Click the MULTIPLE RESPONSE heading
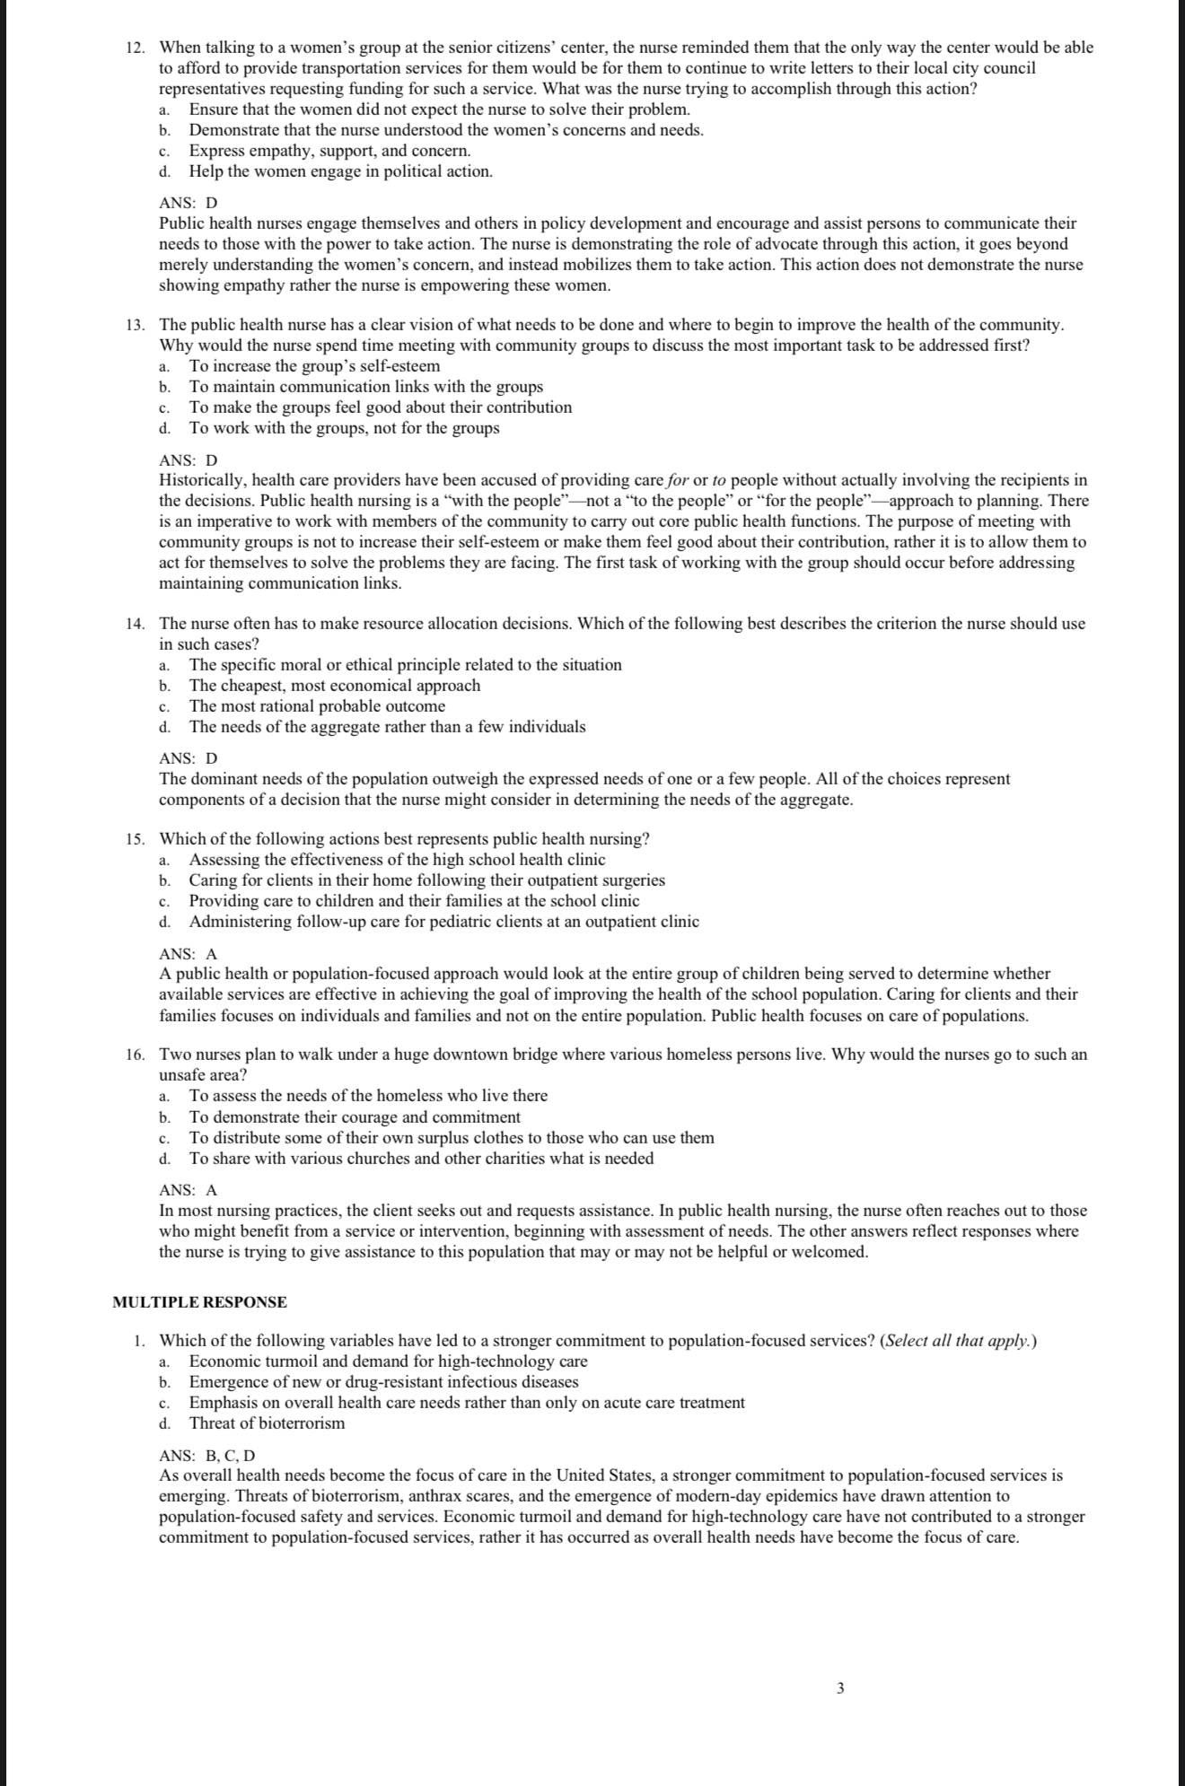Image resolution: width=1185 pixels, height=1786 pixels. (200, 1302)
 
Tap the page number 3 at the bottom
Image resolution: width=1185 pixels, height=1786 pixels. (840, 1688)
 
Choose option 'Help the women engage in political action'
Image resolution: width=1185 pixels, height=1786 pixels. (340, 171)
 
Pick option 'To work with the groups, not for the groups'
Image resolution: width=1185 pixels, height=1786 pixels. (344, 428)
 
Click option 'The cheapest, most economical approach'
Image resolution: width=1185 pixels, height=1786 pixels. (334, 686)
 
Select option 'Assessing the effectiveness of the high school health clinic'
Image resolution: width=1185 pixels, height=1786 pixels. (397, 860)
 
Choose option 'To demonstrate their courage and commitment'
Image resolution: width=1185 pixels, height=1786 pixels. (355, 1117)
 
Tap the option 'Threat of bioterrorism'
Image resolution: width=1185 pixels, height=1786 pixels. (267, 1423)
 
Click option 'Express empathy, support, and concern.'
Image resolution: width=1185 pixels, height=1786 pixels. (329, 151)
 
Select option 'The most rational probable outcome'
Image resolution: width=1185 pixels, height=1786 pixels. (317, 706)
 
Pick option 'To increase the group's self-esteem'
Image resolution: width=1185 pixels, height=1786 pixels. (314, 366)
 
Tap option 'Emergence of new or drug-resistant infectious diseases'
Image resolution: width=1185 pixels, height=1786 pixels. (383, 1382)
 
